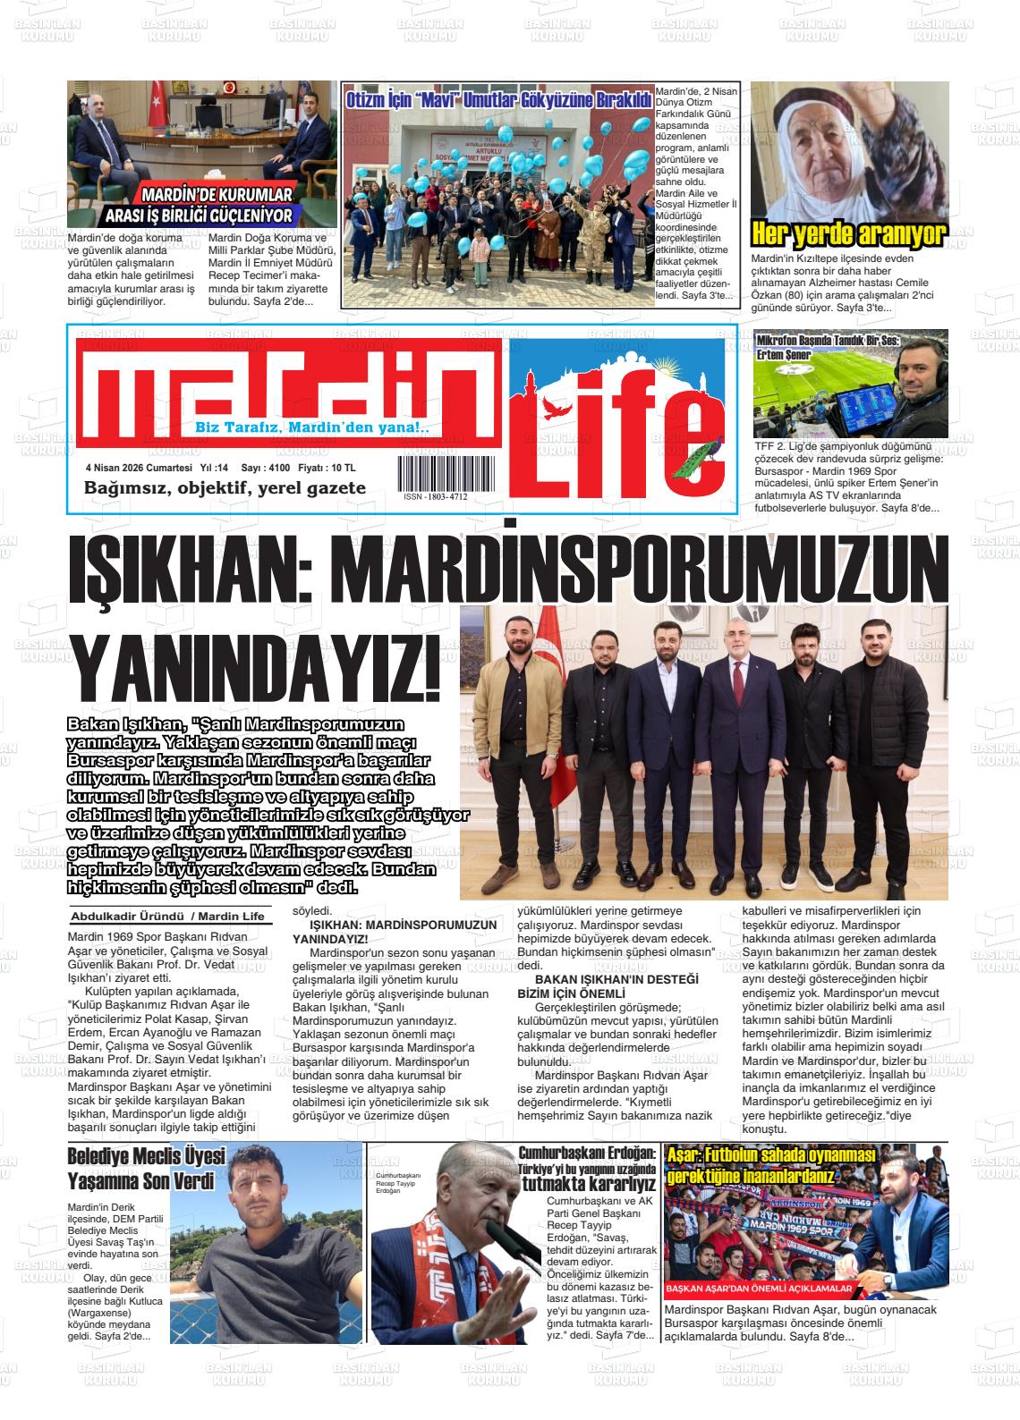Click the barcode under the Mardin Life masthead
(x=444, y=470)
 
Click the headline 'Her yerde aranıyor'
(x=848, y=234)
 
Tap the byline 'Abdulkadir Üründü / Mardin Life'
(x=167, y=917)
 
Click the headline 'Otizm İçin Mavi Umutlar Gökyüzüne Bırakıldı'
(x=498, y=101)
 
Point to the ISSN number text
(x=435, y=497)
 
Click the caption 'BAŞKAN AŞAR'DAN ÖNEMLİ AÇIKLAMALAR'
(x=758, y=1290)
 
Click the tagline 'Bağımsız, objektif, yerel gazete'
(x=225, y=488)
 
